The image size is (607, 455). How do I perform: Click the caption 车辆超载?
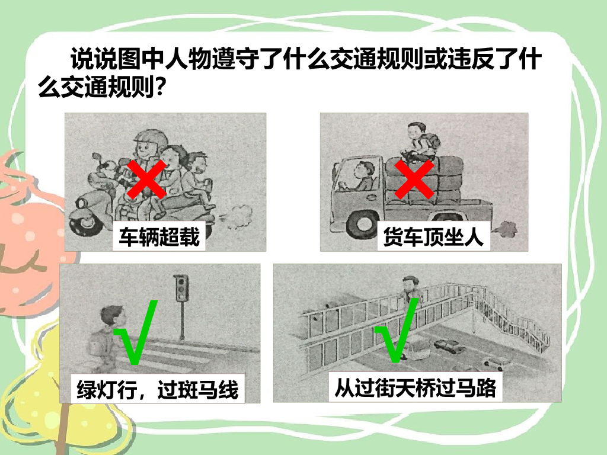point(159,236)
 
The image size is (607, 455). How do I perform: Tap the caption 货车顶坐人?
point(433,236)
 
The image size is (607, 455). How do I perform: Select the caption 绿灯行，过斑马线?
point(158,389)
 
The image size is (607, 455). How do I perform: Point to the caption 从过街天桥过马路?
point(416,387)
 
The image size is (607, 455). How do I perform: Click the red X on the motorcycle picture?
point(147,179)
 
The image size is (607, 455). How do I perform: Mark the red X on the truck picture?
point(414,180)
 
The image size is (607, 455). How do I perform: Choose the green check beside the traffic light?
point(136,332)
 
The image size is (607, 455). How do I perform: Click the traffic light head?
point(181,288)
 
